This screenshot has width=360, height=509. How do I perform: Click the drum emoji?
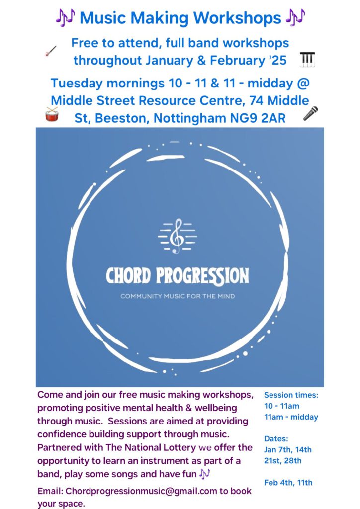coord(52,114)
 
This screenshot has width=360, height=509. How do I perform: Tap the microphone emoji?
coord(310,114)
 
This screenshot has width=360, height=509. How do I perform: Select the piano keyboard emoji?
coord(307,60)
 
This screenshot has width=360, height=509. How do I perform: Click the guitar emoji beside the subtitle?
coord(51,51)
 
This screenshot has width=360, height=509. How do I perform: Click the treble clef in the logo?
coord(177,236)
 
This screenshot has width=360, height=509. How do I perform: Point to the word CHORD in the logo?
coord(129,276)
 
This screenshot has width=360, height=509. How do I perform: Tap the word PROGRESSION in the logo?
coord(202,276)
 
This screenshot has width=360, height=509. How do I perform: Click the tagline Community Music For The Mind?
coord(178,296)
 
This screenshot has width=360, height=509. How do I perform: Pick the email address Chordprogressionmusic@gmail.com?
coord(141,491)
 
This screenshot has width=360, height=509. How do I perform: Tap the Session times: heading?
coord(291,395)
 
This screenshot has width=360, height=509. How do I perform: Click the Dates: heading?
coord(276,439)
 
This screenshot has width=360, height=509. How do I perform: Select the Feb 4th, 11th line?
coord(288,483)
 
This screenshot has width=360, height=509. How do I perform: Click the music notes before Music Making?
coord(65,17)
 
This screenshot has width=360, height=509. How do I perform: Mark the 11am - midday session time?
coord(291,417)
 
